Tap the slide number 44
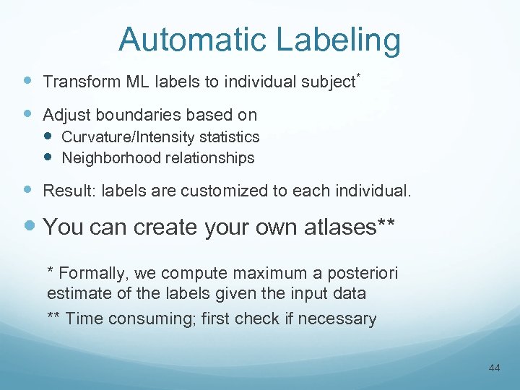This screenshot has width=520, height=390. coord(494,368)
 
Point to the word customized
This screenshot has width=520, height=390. coord(228,191)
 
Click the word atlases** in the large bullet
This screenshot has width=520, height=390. coord(347,227)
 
